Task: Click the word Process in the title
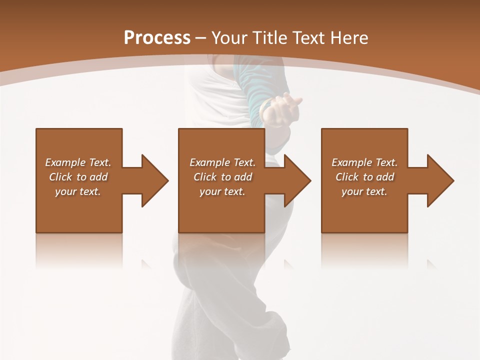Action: tap(157, 38)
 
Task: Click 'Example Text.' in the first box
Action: tap(78, 162)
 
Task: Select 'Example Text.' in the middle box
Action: tap(222, 162)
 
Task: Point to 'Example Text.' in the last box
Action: tap(364, 162)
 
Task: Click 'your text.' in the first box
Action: tap(78, 191)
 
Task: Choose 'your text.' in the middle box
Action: tap(222, 191)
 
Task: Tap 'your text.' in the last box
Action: tap(364, 191)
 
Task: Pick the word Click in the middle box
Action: tap(205, 177)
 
